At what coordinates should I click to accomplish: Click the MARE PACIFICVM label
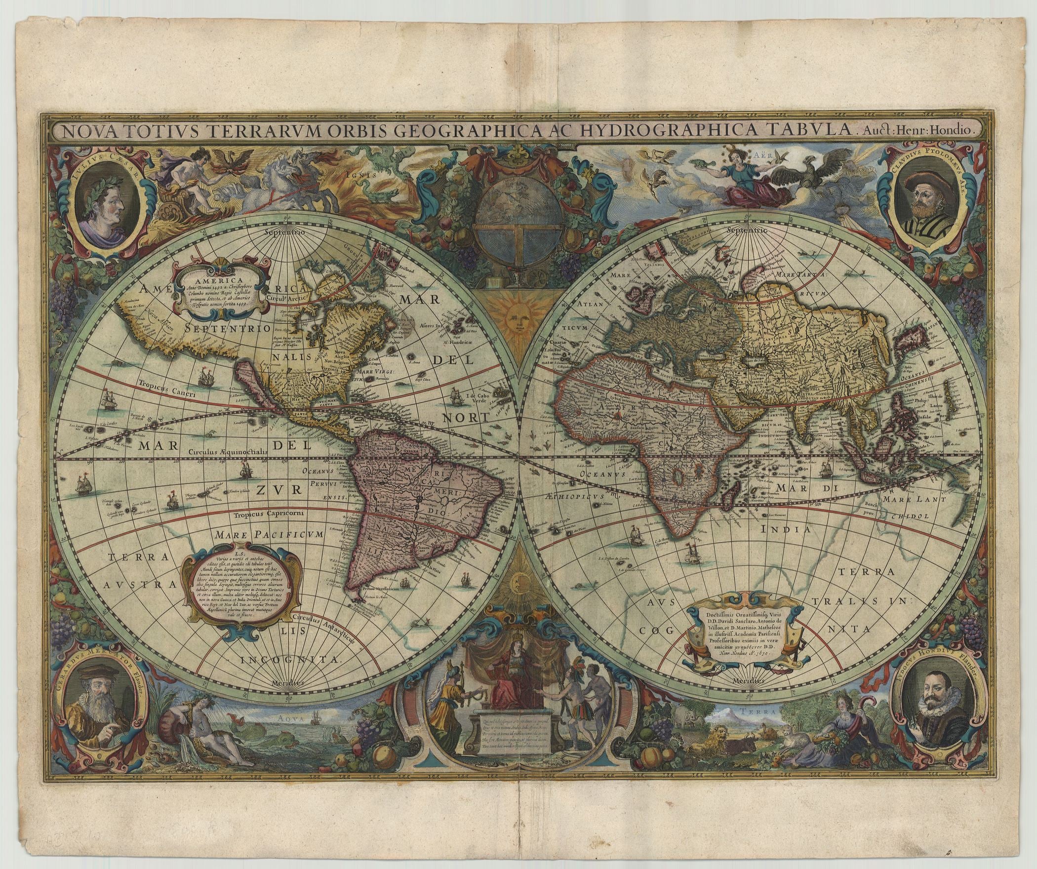tap(269, 534)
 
